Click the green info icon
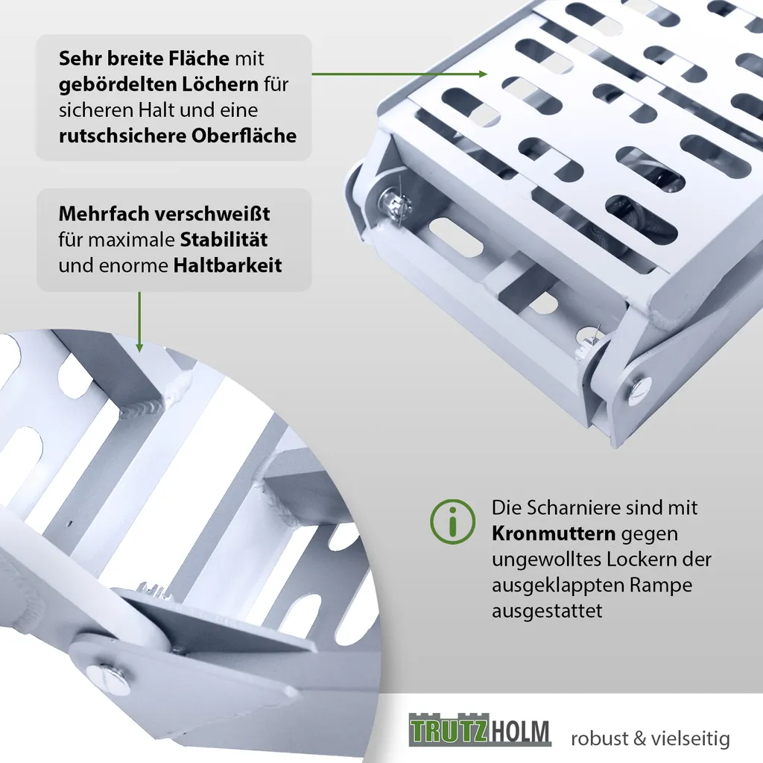click(x=452, y=521)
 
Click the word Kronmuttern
click(x=554, y=534)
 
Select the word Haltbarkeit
click(x=227, y=266)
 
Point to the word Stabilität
click(x=224, y=240)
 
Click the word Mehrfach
click(x=103, y=214)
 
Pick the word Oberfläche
click(x=244, y=136)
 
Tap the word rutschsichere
click(x=122, y=136)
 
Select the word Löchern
click(x=221, y=84)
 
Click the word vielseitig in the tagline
click(x=691, y=738)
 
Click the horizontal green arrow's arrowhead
click(x=483, y=74)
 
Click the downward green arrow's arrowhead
click(x=139, y=348)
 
